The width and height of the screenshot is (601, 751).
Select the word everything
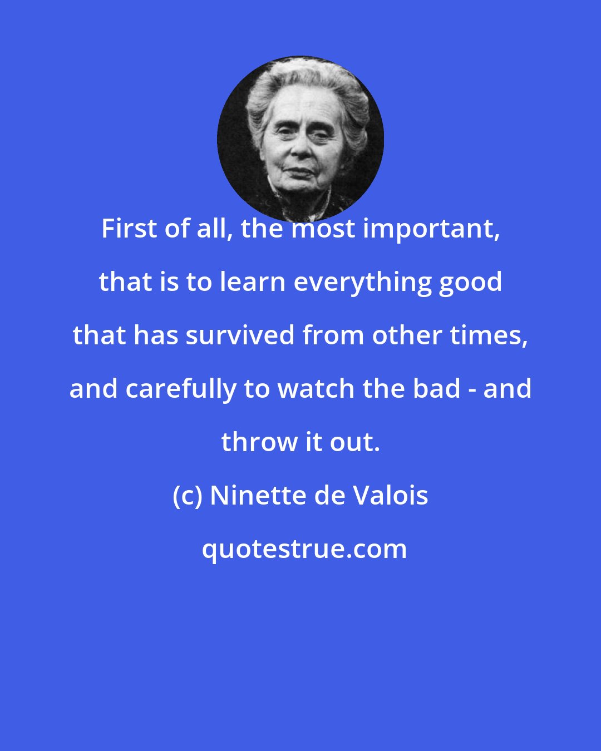tap(362, 282)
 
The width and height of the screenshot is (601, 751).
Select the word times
tap(494, 335)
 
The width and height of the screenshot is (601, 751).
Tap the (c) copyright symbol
tap(188, 496)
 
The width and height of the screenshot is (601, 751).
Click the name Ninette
tap(258, 496)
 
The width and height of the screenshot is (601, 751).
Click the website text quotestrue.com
tap(304, 549)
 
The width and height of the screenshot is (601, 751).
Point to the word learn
tap(254, 282)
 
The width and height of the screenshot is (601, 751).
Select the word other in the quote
tap(399, 335)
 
